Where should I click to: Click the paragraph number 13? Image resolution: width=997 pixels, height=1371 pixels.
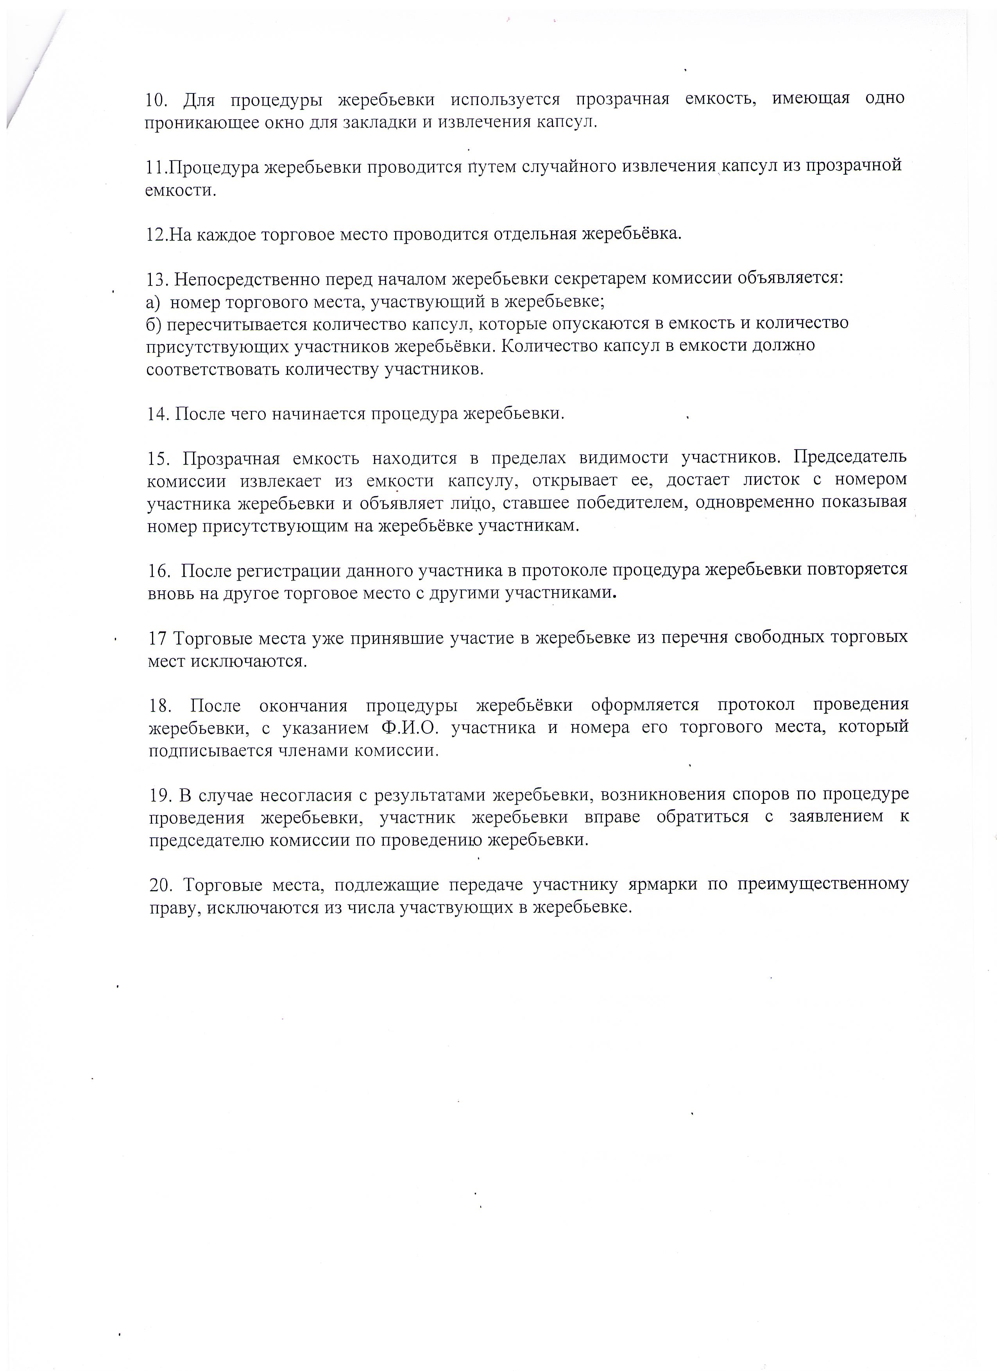pos(158,279)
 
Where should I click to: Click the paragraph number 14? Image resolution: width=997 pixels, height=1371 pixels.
pos(158,414)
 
